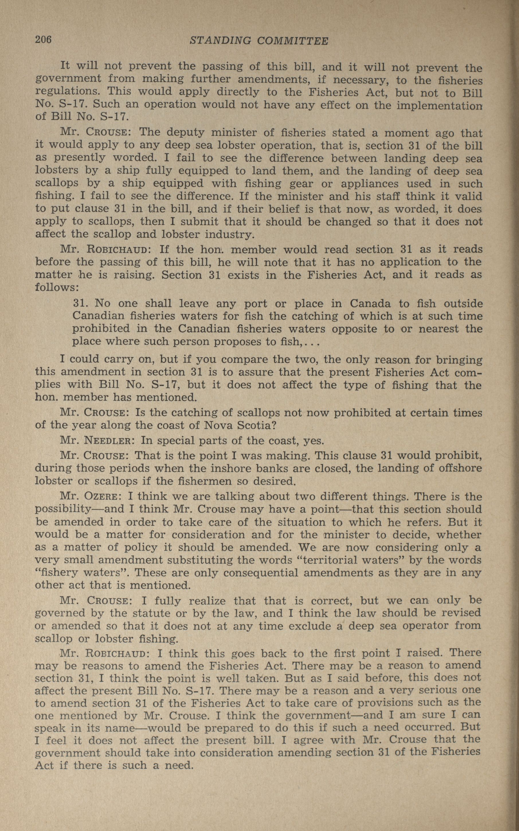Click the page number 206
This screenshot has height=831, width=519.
click(x=43, y=40)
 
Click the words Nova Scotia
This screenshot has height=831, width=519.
click(x=240, y=425)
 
